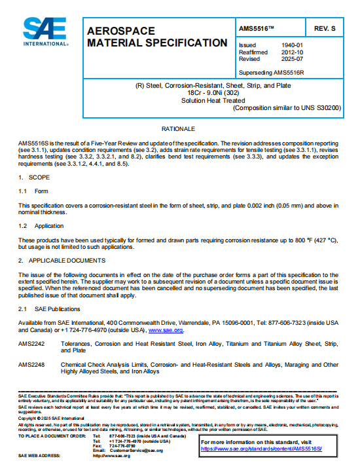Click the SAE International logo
pyautogui.click(x=45, y=31)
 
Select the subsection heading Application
pyautogui.click(x=49, y=225)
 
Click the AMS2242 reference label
pyautogui.click(x=31, y=343)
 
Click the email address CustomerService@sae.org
pyautogui.click(x=136, y=451)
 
